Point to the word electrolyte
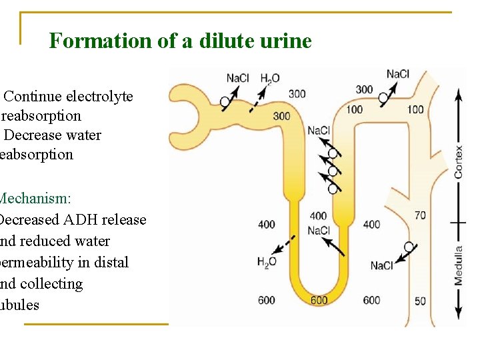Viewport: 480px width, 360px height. point(99,96)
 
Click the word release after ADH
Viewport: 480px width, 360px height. point(124,219)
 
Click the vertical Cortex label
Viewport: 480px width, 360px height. point(459,161)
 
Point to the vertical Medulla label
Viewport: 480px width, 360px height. point(459,266)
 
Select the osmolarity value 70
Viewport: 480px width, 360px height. point(420,215)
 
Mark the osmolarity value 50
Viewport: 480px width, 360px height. point(420,301)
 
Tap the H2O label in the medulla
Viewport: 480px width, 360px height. point(267,262)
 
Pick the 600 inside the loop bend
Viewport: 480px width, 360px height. point(319,301)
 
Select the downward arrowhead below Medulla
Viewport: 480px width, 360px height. point(459,313)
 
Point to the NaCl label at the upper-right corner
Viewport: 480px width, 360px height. point(398,74)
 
